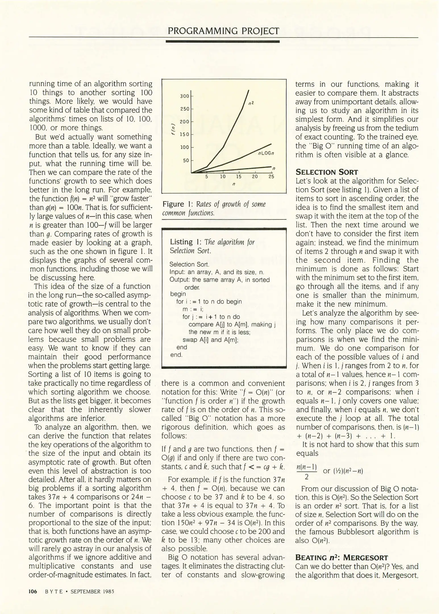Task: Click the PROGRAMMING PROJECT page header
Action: [x=223, y=31]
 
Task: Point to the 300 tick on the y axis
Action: [x=185, y=96]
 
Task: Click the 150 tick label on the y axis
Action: [x=185, y=134]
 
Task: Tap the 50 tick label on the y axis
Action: [x=186, y=161]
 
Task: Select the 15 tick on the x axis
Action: [x=239, y=177]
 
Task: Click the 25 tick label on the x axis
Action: [x=271, y=177]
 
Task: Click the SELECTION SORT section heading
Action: [x=327, y=172]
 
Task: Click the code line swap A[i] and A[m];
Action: [x=210, y=340]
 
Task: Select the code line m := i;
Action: [x=193, y=309]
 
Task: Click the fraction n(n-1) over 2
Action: [x=307, y=471]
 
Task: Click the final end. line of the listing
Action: [x=176, y=355]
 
